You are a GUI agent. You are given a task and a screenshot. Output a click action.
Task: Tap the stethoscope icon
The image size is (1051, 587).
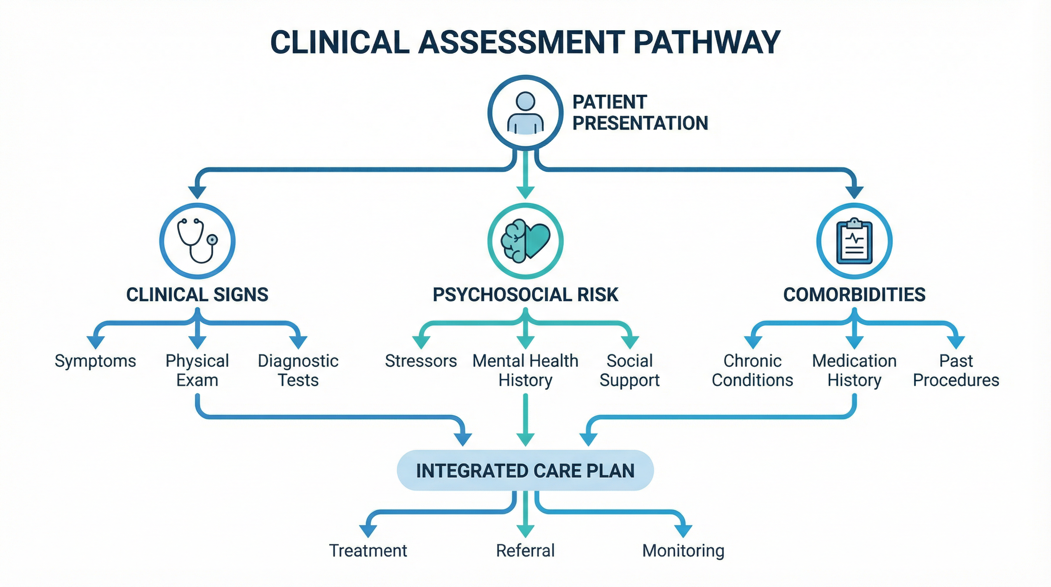click(197, 240)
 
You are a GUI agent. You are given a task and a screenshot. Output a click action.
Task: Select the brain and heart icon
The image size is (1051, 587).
click(525, 241)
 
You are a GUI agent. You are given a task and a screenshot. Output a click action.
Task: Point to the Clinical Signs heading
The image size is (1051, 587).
click(197, 295)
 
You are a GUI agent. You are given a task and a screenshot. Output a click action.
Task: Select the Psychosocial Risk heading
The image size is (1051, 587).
click(525, 295)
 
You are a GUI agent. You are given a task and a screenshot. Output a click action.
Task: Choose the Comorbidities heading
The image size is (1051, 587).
click(854, 295)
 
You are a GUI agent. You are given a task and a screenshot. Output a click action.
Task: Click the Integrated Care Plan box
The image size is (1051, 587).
click(525, 470)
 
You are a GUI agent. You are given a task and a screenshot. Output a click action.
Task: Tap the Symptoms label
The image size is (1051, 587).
click(95, 361)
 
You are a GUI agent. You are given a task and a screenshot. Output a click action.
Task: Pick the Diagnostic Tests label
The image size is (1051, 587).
click(298, 371)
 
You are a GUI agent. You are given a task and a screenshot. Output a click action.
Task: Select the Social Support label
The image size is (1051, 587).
click(629, 371)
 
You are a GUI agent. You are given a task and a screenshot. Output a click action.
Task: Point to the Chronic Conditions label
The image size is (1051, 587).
click(752, 371)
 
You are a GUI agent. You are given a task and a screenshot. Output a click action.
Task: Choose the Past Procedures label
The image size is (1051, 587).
click(956, 371)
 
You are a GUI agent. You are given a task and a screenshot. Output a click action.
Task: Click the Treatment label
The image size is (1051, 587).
click(368, 551)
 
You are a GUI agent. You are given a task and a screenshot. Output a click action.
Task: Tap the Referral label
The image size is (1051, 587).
click(525, 551)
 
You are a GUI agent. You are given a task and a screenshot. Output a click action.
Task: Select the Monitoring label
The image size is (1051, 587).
click(683, 551)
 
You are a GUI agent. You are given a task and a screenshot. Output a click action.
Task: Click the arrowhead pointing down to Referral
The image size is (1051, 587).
click(525, 530)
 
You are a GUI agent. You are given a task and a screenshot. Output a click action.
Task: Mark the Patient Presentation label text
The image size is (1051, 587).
click(640, 112)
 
